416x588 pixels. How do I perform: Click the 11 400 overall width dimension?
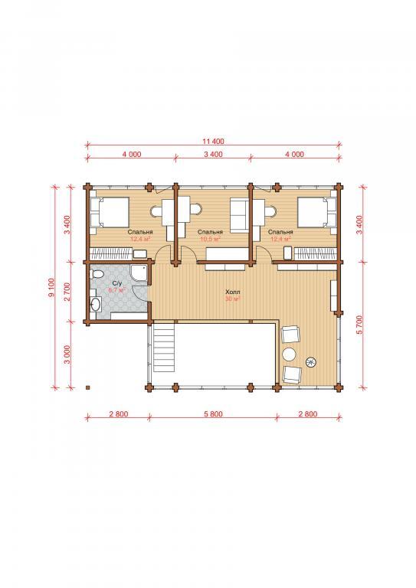coord(213,142)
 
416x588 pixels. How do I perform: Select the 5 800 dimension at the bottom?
coord(213,414)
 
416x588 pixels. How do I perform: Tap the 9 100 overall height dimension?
coord(51,287)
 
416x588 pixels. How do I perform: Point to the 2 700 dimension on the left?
coord(67,292)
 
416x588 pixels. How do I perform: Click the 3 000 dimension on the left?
coord(67,354)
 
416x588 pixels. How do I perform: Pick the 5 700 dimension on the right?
coord(360,325)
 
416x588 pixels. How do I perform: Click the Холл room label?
coord(233,292)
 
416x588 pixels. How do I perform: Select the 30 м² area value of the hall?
coord(233,299)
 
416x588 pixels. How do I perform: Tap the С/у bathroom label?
coord(117,283)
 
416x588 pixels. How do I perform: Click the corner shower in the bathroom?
coord(139,273)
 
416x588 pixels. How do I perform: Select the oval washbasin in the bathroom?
coord(95,305)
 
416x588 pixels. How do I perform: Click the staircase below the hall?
coord(163,348)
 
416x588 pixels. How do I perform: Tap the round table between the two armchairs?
coord(290,354)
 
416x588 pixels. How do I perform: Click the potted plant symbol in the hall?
coord(311,362)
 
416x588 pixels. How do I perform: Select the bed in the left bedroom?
coord(109,212)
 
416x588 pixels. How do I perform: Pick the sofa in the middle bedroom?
coord(238,216)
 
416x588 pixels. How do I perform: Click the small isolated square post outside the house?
coord(87,387)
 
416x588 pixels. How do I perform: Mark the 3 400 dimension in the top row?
coord(213,154)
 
